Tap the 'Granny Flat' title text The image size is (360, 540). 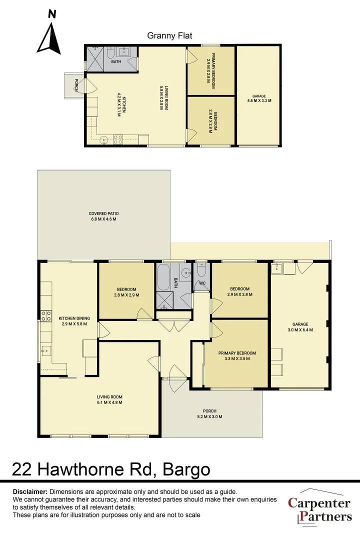pyautogui.click(x=169, y=35)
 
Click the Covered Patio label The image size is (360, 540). pyautogui.click(x=104, y=216)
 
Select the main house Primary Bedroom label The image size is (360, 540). pyautogui.click(x=237, y=355)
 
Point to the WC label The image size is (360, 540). pyautogui.click(x=202, y=283)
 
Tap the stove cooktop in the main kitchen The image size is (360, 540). pyautogui.click(x=46, y=316)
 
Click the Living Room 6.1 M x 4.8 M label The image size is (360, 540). pyautogui.click(x=109, y=399)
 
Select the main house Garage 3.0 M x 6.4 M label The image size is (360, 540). pyautogui.click(x=300, y=327)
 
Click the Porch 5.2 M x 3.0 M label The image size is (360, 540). pyautogui.click(x=210, y=414)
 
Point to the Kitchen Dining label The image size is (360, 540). pyautogui.click(x=74, y=321)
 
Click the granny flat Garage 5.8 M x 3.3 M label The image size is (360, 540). pyautogui.click(x=258, y=98)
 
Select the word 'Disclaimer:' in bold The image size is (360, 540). pyautogui.click(x=30, y=492)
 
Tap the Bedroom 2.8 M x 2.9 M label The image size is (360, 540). pyautogui.click(x=127, y=292)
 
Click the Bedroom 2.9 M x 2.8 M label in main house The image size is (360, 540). pyautogui.click(x=239, y=291)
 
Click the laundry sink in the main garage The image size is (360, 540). pyautogui.click(x=276, y=269)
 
